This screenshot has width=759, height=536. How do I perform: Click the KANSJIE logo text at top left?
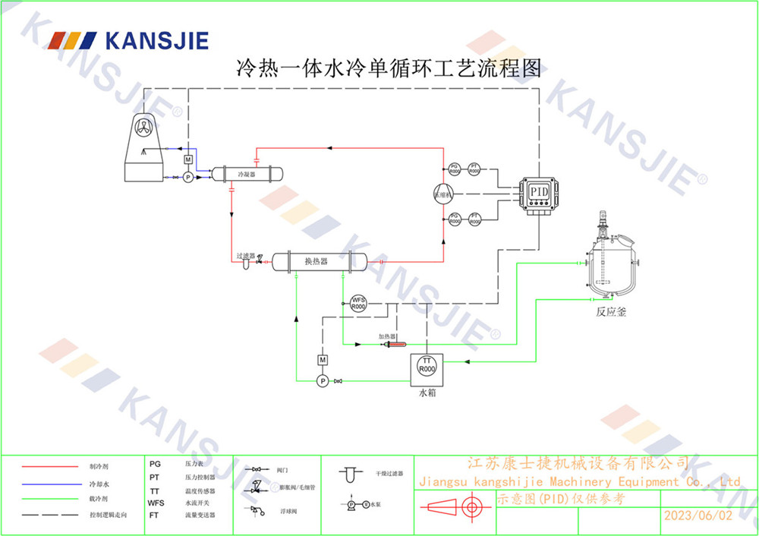[156, 40]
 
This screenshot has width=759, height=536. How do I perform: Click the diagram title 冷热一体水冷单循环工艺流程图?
[389, 69]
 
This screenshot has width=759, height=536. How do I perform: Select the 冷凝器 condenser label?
[246, 174]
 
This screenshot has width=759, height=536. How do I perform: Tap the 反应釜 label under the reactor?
[611, 312]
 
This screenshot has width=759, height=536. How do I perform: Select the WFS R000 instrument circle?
[358, 304]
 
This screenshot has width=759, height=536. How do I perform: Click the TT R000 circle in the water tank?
[427, 365]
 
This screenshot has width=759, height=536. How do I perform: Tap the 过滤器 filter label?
[245, 256]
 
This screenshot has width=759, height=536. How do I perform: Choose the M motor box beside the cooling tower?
[188, 159]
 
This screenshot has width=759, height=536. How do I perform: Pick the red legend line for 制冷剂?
[50, 466]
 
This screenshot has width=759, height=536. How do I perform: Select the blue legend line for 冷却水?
[50, 483]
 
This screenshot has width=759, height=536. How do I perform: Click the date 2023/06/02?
[698, 515]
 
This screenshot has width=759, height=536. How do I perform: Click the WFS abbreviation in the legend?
[156, 503]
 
